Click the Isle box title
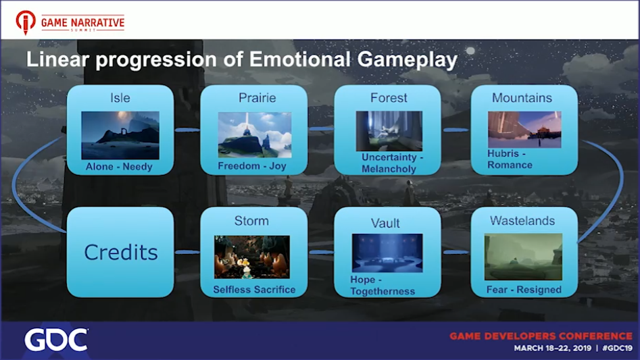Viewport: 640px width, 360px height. (120, 98)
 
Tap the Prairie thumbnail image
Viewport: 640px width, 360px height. (255, 135)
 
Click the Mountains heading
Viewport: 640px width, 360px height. (522, 98)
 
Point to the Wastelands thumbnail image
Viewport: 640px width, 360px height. (523, 257)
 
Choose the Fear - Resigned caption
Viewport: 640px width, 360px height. (524, 290)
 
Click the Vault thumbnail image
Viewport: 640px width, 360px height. (387, 253)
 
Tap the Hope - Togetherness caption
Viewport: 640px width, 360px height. (383, 286)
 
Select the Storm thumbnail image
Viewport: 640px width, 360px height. (252, 257)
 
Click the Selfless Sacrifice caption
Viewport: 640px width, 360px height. (254, 290)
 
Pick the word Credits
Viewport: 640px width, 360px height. (121, 253)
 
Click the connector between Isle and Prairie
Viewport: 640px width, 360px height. (187, 130)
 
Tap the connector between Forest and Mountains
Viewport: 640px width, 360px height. (456, 130)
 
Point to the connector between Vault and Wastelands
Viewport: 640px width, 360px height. (456, 253)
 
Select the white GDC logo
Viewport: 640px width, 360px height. (56, 340)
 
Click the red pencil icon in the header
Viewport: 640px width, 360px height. (25, 22)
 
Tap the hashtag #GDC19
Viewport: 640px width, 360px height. (617, 348)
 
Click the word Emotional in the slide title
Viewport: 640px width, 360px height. (300, 59)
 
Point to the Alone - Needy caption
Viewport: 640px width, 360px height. (119, 167)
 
